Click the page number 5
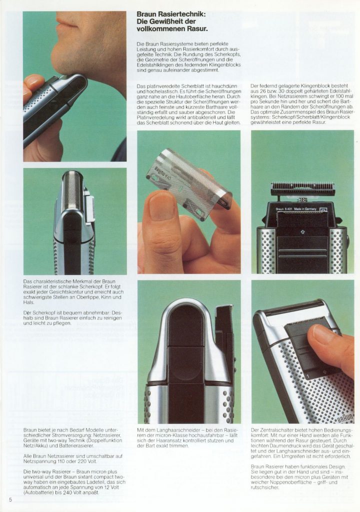pos(10,500)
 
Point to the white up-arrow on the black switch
pos(302,232)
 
